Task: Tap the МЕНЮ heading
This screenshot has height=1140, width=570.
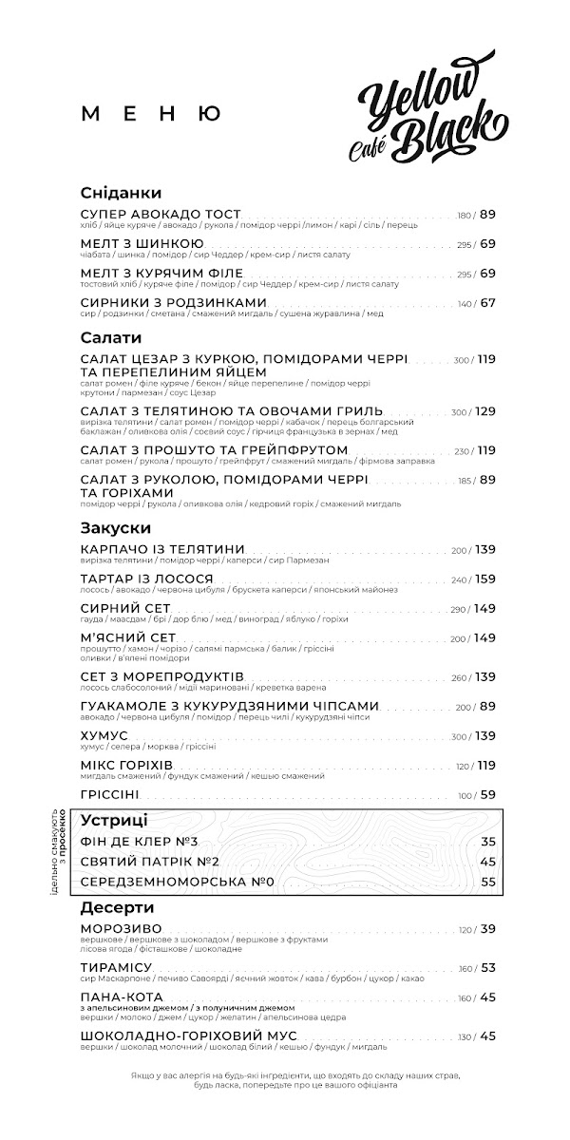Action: pos(152,114)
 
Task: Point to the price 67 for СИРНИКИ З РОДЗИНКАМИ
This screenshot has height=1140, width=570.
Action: pos(487,303)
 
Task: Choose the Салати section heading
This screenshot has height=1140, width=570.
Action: pos(111,337)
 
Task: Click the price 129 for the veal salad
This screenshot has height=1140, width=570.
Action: pos(485,411)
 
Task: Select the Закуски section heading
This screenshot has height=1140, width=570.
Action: pos(116,527)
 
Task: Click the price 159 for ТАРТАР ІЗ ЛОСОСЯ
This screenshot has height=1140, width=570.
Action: pos(485,579)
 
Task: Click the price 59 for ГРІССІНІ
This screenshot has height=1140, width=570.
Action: pos(487,794)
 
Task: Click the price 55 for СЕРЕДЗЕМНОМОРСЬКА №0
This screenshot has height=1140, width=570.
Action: pos(488,882)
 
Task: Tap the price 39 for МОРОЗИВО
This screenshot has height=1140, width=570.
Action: pos(487,929)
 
